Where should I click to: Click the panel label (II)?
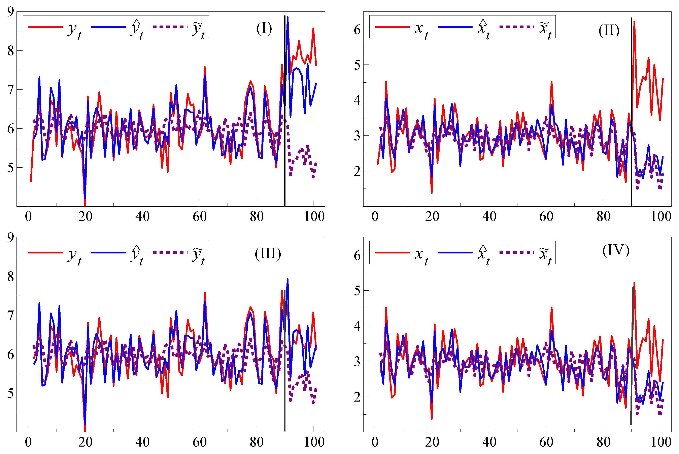coord(609,30)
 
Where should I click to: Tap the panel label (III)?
coord(268,254)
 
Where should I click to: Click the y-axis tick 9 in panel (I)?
coord(11,12)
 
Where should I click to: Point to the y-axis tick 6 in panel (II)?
coord(357,30)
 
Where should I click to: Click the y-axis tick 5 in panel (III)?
coord(11,393)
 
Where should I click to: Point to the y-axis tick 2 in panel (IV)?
coord(357,397)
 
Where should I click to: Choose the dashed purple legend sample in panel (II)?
coord(517,27)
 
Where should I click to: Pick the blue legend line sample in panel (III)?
coord(108,252)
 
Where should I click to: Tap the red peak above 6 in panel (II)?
coord(634,22)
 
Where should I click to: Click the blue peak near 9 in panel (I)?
coord(287,17)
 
